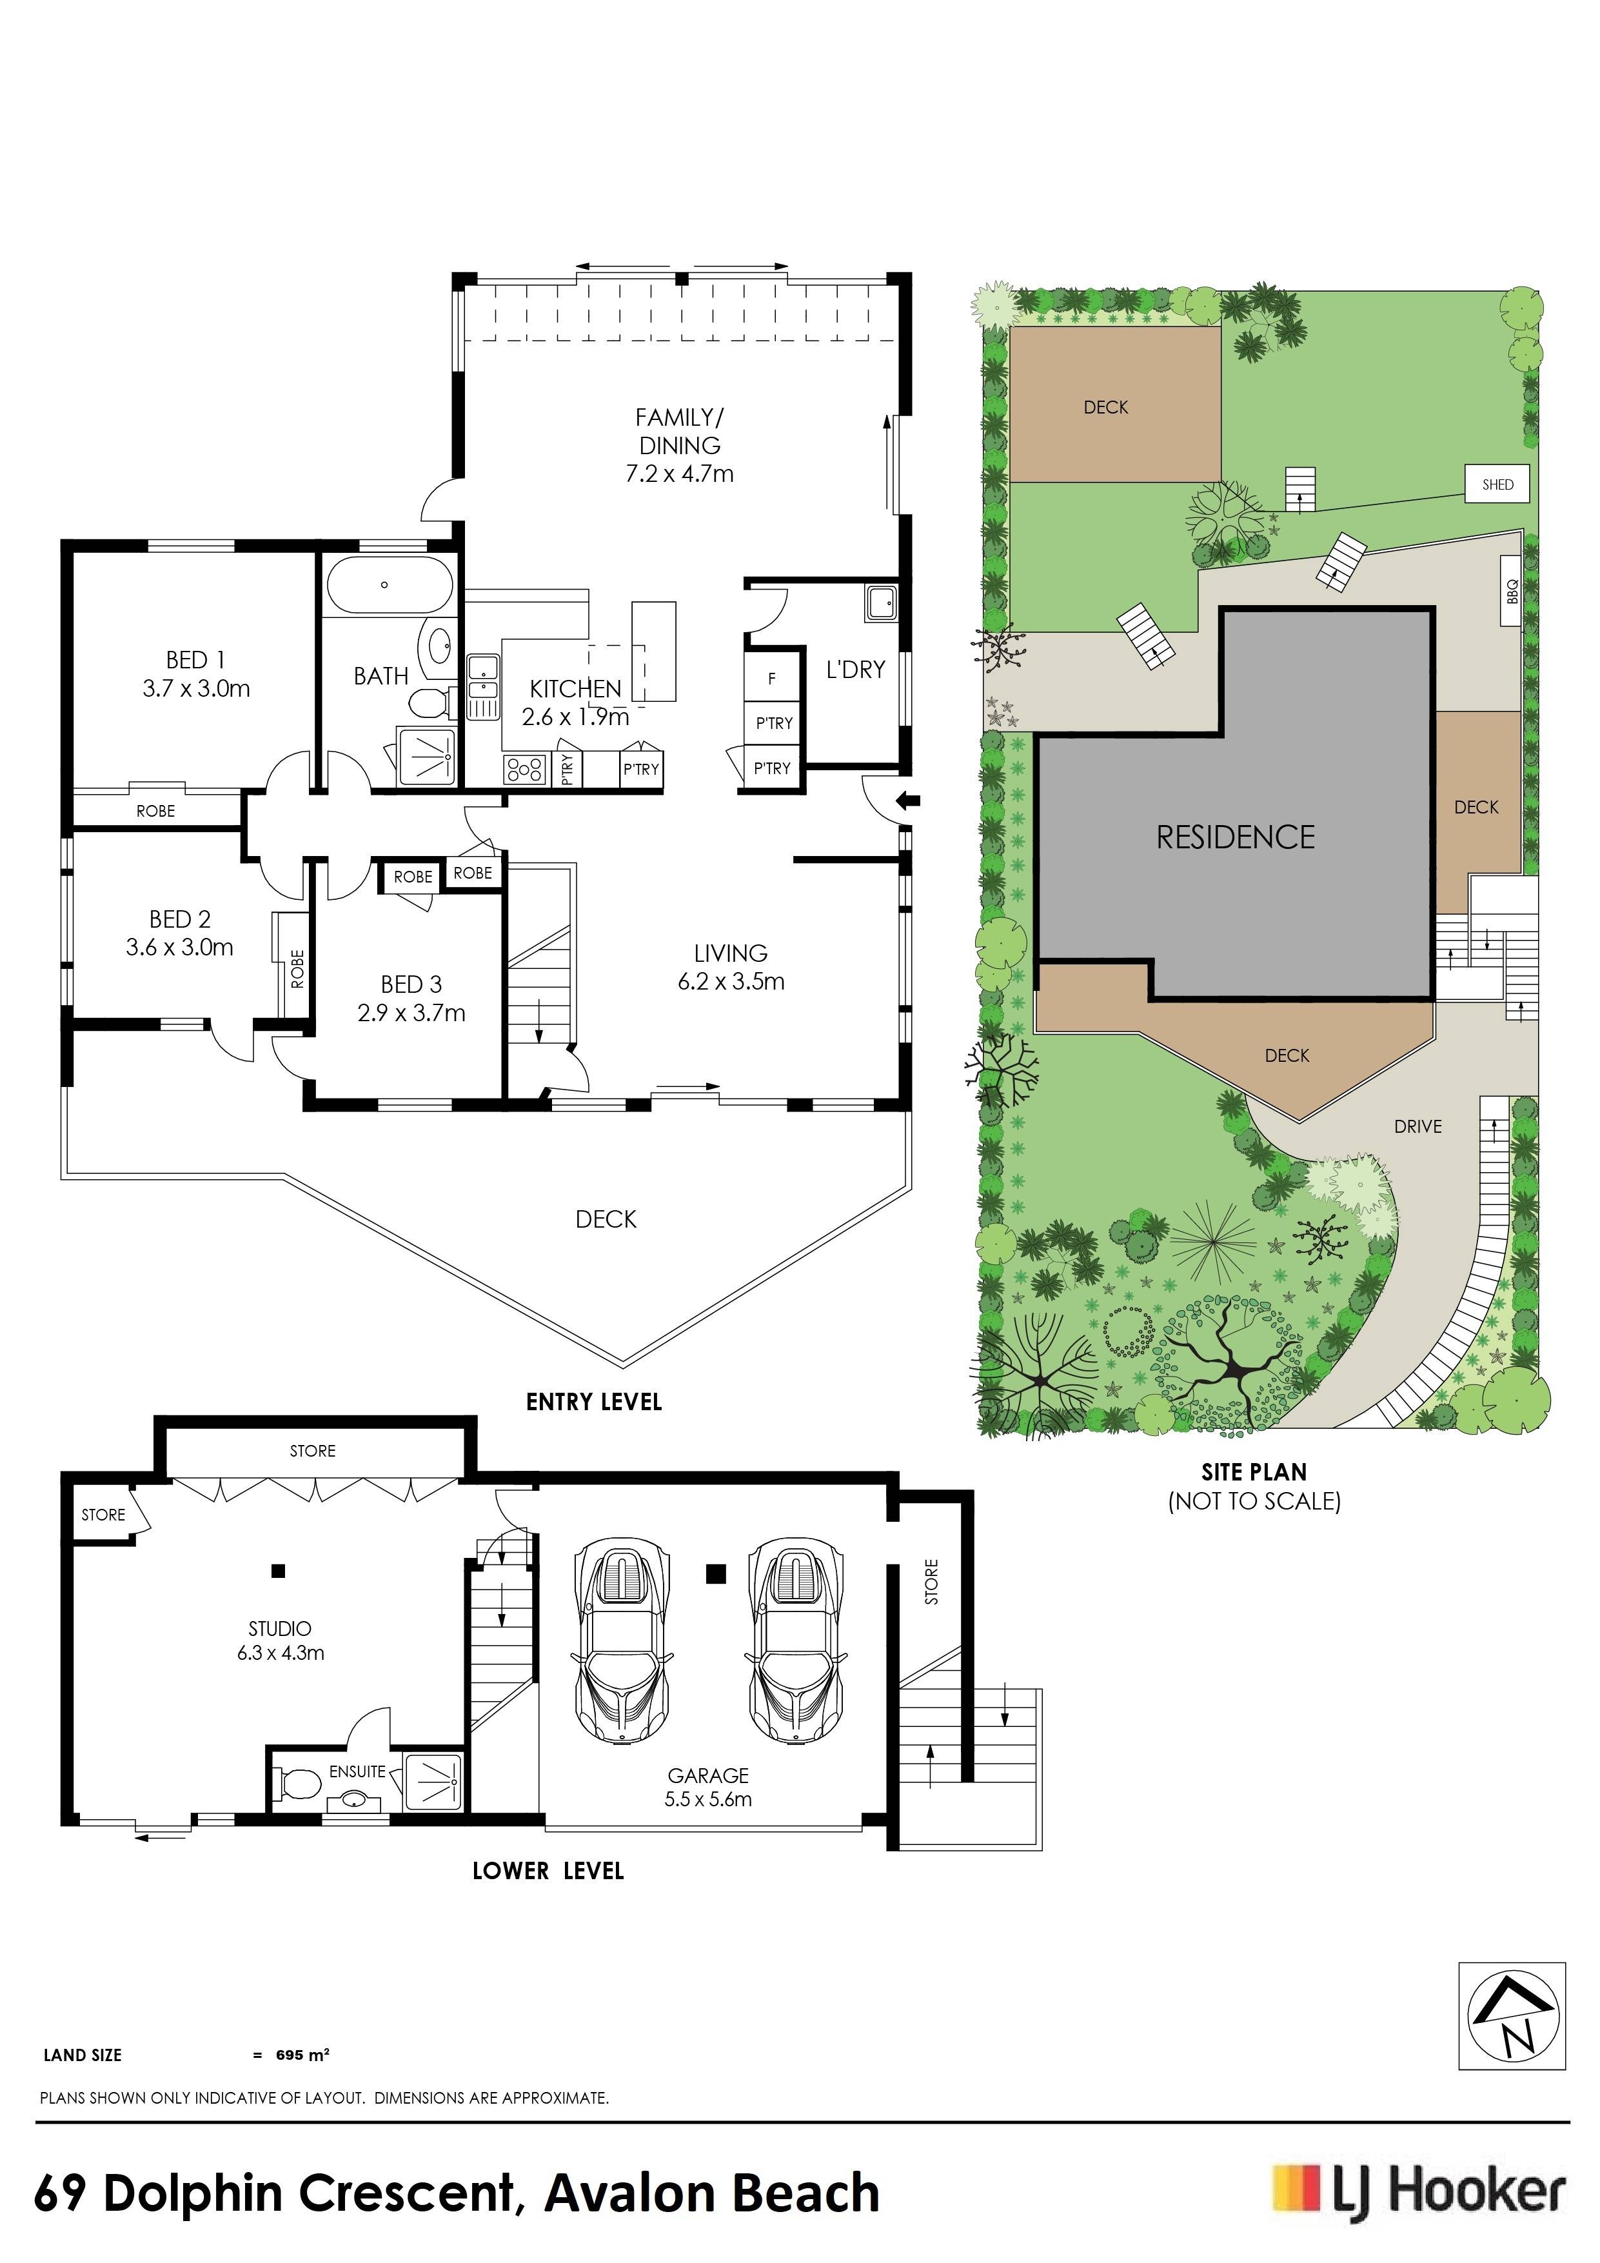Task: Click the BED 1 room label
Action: [x=195, y=659]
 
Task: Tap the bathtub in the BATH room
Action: [x=389, y=586]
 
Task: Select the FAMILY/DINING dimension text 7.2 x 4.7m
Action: [x=680, y=474]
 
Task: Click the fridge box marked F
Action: [x=773, y=678]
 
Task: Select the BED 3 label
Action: [x=411, y=984]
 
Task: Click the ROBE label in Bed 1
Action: [x=155, y=811]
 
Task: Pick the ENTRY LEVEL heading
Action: [x=594, y=1402]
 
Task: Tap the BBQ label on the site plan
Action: [x=1512, y=592]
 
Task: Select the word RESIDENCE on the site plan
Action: [x=1236, y=838]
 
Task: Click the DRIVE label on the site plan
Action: [x=1417, y=1126]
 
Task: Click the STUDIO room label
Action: [x=280, y=1630]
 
